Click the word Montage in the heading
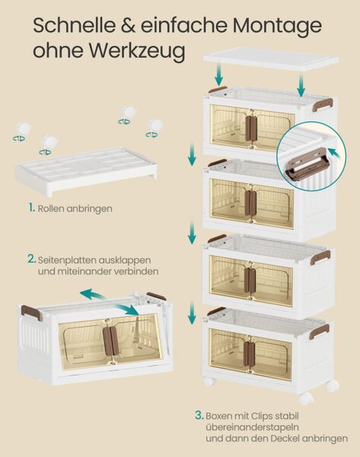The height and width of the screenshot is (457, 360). click(277, 26)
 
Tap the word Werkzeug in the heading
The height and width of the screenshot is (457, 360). click(137, 51)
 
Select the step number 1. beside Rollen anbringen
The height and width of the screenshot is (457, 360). click(32, 208)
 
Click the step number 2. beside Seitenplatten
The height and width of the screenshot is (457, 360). click(32, 259)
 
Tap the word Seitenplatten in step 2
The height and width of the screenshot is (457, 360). click(67, 260)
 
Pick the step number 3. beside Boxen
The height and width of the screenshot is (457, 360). click(199, 415)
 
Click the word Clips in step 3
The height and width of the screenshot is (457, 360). click(258, 416)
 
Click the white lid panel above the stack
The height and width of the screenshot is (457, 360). click(271, 59)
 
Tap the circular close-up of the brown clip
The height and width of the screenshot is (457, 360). click(311, 156)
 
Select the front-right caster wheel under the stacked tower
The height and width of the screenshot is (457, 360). click(305, 398)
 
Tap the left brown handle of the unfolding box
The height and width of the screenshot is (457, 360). click(31, 313)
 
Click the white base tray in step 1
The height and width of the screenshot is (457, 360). click(86, 171)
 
